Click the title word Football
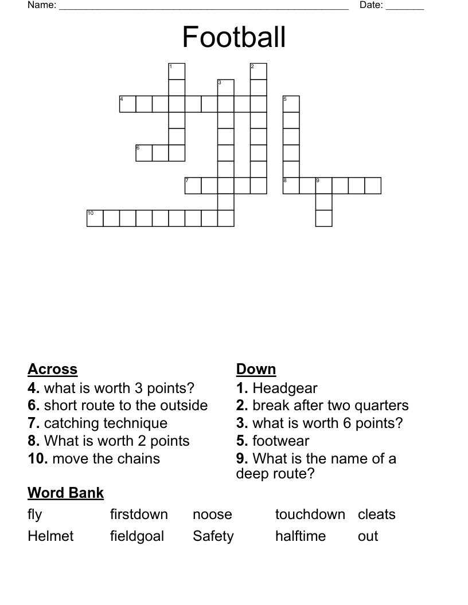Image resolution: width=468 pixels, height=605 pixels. (234, 37)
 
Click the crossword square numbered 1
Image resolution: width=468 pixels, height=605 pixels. (177, 72)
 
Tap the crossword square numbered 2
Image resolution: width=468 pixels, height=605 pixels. (259, 72)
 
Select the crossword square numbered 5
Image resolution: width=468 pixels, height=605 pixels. (291, 104)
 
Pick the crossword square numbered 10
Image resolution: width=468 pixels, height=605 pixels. (95, 218)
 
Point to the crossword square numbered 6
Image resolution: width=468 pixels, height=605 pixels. (144, 153)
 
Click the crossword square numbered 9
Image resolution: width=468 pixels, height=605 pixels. (324, 186)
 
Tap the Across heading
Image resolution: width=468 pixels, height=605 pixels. (52, 370)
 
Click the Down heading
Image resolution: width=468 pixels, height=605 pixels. (256, 370)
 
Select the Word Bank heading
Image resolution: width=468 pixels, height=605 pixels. (65, 493)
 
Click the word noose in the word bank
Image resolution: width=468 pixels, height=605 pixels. (212, 514)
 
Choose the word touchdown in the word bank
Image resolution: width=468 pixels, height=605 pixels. (310, 514)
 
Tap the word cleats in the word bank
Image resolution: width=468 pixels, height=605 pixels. (376, 514)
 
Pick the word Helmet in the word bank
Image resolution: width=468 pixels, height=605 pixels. (50, 536)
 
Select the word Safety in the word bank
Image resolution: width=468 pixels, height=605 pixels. (213, 537)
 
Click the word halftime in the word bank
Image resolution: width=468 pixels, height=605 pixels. (300, 536)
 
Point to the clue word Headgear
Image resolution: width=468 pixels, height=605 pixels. (285, 389)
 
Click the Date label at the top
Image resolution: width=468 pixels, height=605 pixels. (371, 6)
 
